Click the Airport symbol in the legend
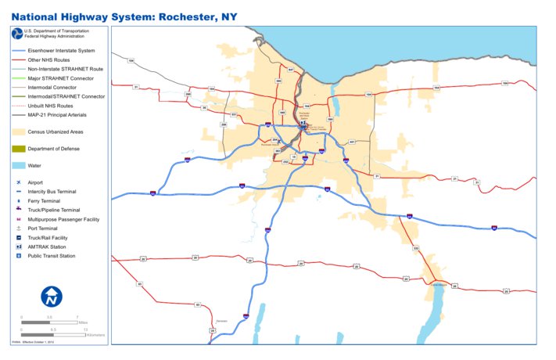coord(17,182)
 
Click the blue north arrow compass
coord(52,296)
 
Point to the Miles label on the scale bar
coord(82,321)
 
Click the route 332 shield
coord(416,249)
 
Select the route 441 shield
coord(352,142)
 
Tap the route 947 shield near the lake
coord(290,70)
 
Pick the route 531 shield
coord(233,114)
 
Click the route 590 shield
coord(330,120)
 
